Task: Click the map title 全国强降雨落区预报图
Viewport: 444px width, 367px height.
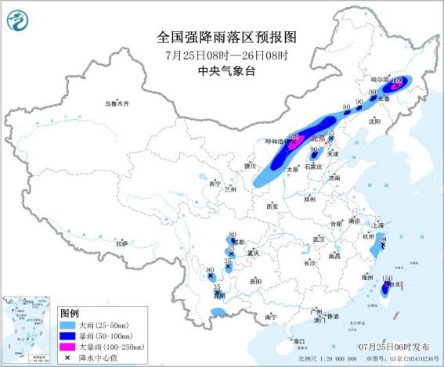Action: point(222,38)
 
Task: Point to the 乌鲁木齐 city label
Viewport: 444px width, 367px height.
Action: point(117,103)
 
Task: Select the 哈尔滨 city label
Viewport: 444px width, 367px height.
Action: point(379,80)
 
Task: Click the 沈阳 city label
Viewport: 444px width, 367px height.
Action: point(375,121)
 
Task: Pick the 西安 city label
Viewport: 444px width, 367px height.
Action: point(271,207)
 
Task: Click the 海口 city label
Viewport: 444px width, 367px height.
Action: point(298,341)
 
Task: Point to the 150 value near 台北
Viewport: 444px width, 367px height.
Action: point(387,278)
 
